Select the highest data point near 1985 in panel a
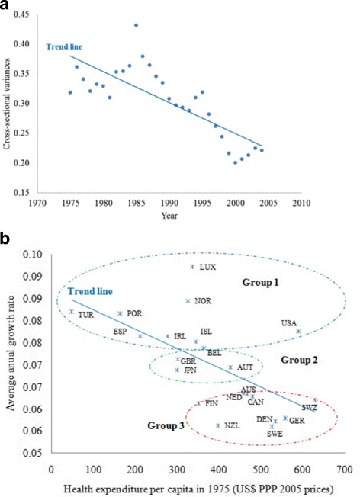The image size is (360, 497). pyautogui.click(x=136, y=25)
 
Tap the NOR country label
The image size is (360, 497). pyautogui.click(x=203, y=301)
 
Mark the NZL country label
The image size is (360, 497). pyautogui.click(x=232, y=426)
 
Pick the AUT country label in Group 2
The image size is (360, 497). pyautogui.click(x=245, y=368)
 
